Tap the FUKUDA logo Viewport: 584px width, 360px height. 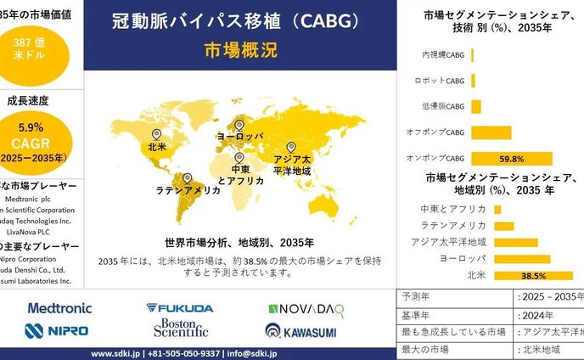(179, 308)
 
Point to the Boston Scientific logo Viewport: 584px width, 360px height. (180, 329)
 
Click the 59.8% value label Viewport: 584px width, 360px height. (511, 159)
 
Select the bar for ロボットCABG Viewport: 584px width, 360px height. (473, 81)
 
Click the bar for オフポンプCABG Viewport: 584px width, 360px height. (491, 132)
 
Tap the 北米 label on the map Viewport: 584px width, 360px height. (156, 147)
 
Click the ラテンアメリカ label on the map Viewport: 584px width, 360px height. (188, 191)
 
